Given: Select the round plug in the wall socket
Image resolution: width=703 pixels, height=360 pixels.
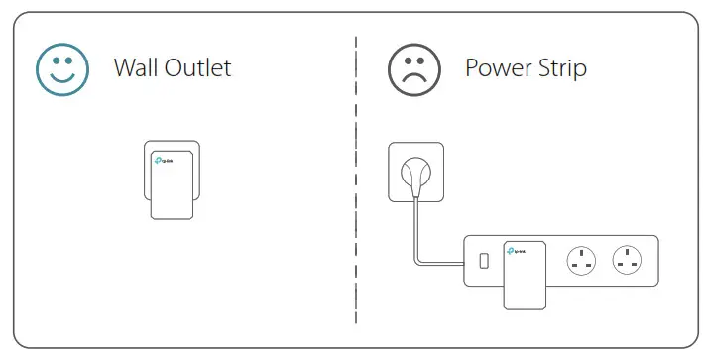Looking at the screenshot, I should (x=412, y=176).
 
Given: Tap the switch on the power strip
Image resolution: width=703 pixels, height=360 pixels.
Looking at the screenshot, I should (x=483, y=262).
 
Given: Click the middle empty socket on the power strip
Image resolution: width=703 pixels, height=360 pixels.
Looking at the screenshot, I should (x=580, y=262).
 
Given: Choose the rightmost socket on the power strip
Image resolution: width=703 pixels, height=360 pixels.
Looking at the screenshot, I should (x=628, y=262).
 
